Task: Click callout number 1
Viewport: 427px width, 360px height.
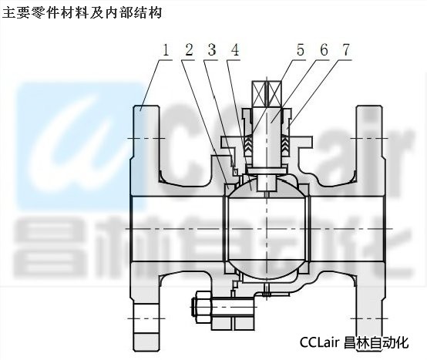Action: pos(166,50)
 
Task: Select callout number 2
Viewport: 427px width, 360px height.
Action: pos(189,50)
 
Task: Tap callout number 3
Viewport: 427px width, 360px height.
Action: pos(212,50)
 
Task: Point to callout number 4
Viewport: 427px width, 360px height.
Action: pos(235,50)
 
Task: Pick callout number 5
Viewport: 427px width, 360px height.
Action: pos(301,50)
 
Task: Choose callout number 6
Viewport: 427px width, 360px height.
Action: pos(324,50)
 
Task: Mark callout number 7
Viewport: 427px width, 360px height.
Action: pos(346,50)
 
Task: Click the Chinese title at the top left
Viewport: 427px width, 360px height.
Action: pos(82,12)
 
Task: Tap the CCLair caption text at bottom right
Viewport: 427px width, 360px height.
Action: pos(354,342)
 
